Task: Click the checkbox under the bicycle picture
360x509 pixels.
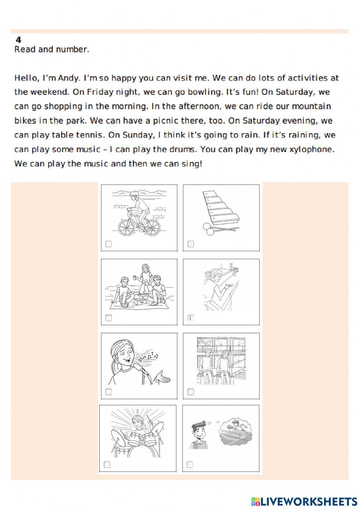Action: (x=108, y=244)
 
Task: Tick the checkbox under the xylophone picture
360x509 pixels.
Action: (x=190, y=244)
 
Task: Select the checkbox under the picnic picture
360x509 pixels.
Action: (x=108, y=318)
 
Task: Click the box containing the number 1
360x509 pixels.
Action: (x=190, y=318)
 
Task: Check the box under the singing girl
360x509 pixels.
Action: (x=108, y=392)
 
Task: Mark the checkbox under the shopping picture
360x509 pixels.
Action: (x=190, y=392)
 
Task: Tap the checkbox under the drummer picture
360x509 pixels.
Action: (x=107, y=465)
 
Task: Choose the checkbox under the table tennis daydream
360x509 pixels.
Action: (x=190, y=465)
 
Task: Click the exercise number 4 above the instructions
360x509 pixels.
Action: (x=18, y=40)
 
